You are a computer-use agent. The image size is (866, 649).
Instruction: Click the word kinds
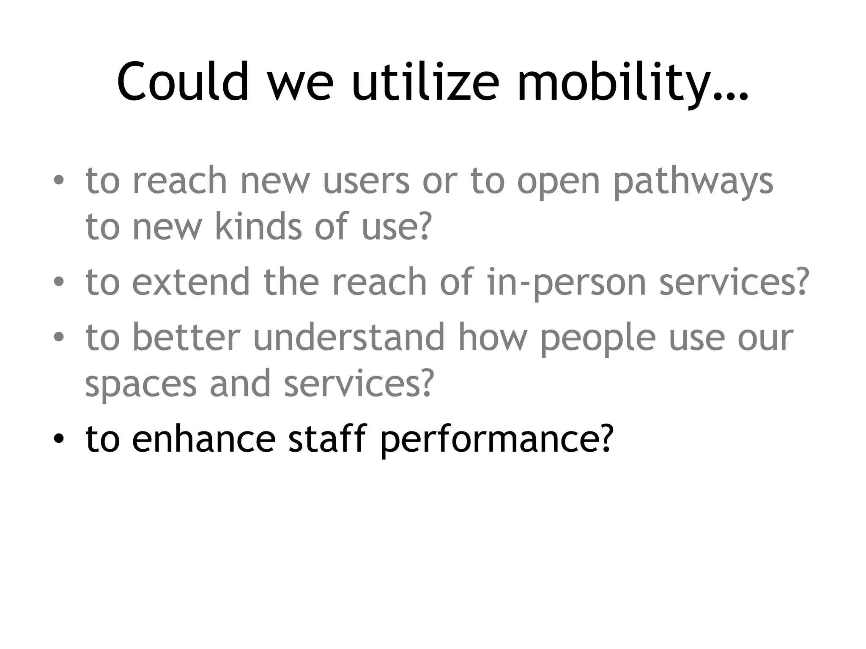pos(258,226)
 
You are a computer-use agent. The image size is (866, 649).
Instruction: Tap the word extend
pos(191,282)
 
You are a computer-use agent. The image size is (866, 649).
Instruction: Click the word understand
pos(349,337)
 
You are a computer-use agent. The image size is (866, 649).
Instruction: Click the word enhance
pos(204,439)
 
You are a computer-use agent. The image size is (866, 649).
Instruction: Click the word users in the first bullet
pos(366,182)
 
